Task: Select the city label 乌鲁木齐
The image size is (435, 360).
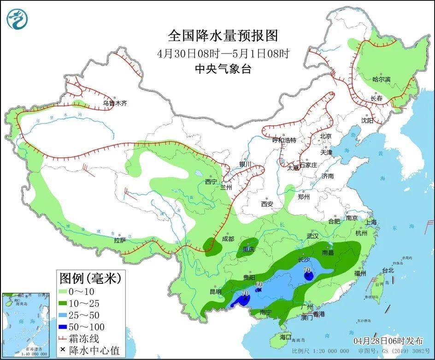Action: [114, 104]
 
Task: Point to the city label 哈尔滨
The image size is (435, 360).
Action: [381, 79]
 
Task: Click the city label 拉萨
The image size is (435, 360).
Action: [120, 240]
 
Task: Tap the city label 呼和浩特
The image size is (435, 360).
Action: [284, 140]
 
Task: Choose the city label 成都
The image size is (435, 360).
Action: [228, 239]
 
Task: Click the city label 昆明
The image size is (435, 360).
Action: [216, 291]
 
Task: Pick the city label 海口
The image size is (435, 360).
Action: [286, 337]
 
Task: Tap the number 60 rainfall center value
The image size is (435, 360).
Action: [259, 284]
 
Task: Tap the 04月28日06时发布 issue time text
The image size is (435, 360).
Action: [388, 341]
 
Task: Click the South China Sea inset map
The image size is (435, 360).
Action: [26, 325]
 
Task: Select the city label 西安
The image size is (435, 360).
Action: [267, 204]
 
